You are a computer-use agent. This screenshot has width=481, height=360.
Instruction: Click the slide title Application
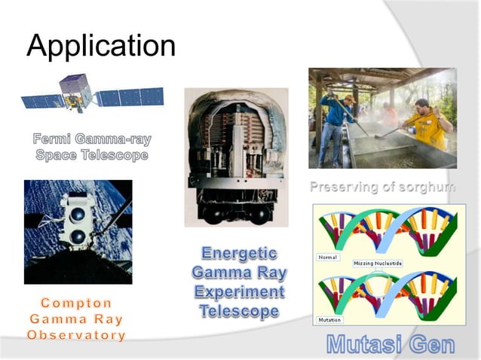100,47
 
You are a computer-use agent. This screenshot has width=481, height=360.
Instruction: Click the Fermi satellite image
90,96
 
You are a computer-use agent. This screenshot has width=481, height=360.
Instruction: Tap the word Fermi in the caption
54,139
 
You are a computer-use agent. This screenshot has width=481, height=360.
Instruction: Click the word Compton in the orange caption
76,303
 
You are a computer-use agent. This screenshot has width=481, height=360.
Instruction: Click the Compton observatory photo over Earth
77,231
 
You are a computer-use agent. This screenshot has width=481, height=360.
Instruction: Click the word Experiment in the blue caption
239,291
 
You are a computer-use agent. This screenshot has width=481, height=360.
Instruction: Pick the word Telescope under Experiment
239,310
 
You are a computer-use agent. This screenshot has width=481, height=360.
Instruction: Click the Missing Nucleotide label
378,263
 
